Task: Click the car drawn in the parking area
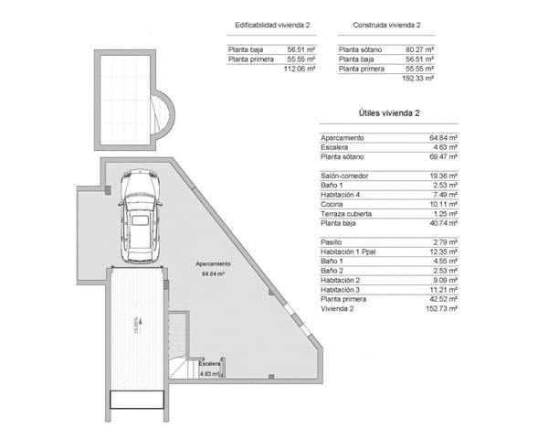pos(140,214)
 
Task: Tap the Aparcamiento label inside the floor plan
pos(213,263)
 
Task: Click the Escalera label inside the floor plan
pos(209,364)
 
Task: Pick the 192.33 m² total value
pos(418,79)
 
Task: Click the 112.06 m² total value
pos(300,69)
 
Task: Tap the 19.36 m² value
pos(443,176)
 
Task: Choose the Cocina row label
pos(332,205)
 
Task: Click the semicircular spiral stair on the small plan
pos(162,113)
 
